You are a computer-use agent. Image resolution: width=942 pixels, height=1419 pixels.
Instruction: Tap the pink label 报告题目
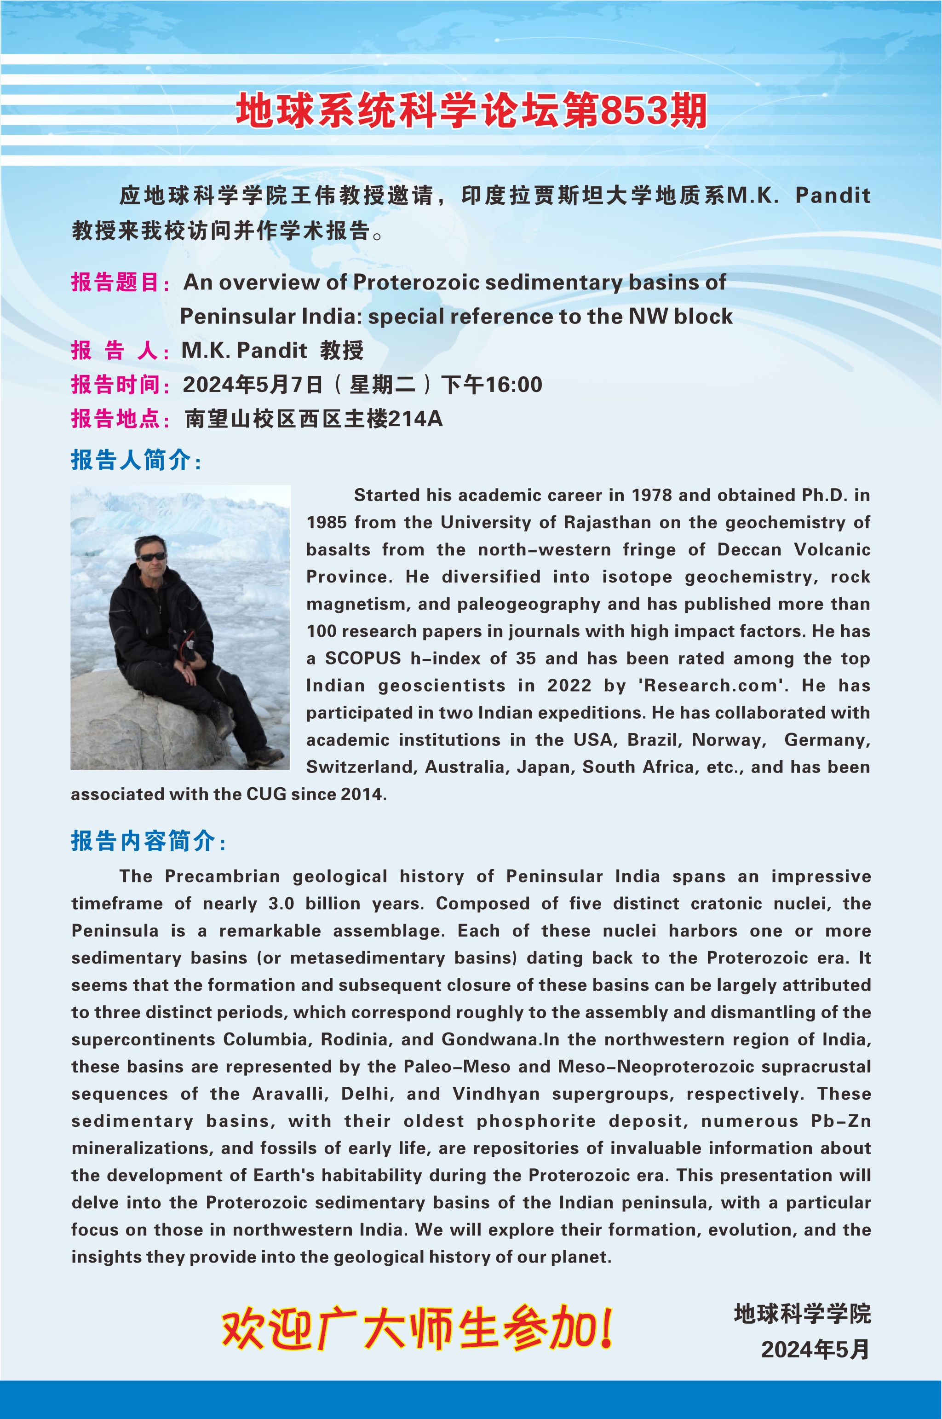pyautogui.click(x=115, y=282)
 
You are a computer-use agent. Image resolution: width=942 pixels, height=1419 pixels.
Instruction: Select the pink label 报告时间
pyautogui.click(x=115, y=384)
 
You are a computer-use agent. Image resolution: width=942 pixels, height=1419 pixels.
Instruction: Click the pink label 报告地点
pyautogui.click(x=115, y=418)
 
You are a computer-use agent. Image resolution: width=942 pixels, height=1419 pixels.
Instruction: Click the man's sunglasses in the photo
pyautogui.click(x=151, y=557)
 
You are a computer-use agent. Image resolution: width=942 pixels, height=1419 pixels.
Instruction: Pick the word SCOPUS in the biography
pyautogui.click(x=363, y=658)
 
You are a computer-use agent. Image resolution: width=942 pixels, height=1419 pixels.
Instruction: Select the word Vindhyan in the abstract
pyautogui.click(x=496, y=1094)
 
